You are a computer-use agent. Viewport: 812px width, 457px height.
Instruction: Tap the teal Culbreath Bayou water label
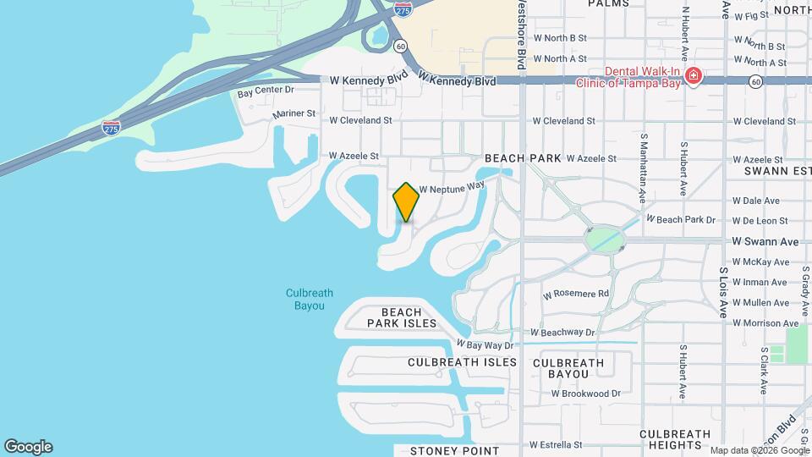309,300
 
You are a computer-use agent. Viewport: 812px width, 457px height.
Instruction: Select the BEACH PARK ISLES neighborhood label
402,318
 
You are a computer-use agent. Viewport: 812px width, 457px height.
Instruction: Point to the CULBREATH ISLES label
462,362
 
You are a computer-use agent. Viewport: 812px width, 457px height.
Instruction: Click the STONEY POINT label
455,451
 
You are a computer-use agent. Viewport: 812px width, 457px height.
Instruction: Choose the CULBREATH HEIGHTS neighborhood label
675,439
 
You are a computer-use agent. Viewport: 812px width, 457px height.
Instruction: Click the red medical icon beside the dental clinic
694,77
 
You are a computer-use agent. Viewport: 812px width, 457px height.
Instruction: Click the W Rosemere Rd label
576,294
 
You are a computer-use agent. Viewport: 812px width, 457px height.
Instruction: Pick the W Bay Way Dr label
485,344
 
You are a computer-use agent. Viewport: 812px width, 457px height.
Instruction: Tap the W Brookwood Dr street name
586,394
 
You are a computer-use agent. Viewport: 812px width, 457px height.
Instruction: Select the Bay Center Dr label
266,90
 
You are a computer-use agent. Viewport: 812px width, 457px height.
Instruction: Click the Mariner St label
294,113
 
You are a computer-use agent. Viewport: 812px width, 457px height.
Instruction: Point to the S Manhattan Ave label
644,167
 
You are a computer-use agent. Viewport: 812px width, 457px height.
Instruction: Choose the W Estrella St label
556,444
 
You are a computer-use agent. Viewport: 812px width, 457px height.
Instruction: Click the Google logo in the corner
28,447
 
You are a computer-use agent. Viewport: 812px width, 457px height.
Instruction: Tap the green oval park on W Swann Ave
604,239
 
